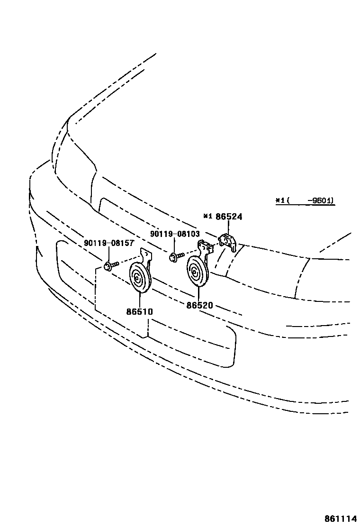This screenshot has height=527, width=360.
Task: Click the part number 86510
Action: point(140,312)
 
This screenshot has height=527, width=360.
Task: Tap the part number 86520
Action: point(199,306)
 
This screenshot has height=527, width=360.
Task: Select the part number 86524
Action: point(229,217)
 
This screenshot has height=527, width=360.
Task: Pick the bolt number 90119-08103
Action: point(175,234)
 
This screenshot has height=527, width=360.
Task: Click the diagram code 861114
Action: point(340,518)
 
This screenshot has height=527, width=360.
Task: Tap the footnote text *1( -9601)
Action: point(305,201)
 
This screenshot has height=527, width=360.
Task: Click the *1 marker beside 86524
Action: point(207,217)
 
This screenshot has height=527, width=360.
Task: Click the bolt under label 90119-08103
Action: point(174,257)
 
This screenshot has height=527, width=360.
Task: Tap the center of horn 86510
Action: point(139,278)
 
